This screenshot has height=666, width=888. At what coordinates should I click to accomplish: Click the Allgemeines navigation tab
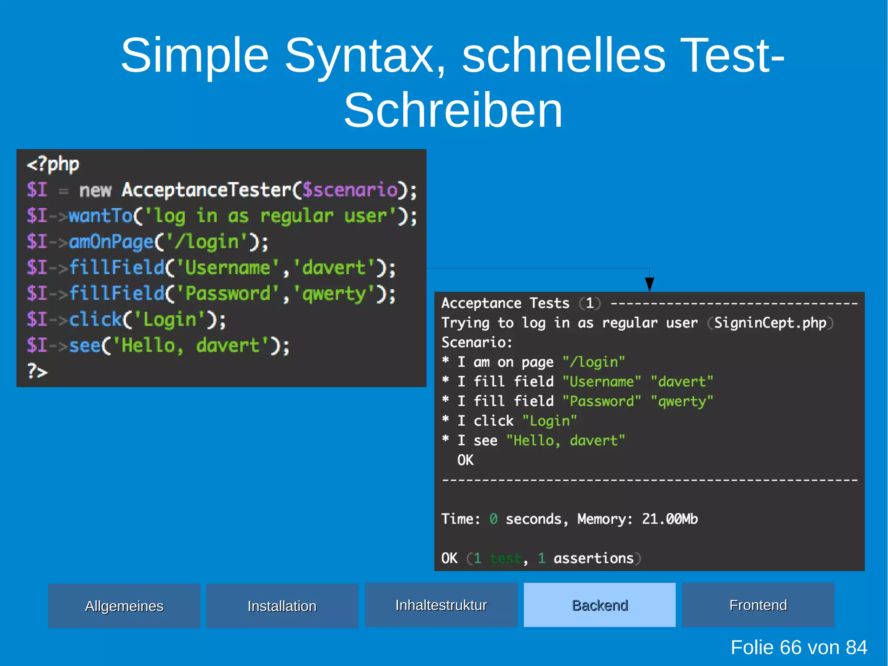(124, 606)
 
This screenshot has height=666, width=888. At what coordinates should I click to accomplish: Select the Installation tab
(282, 606)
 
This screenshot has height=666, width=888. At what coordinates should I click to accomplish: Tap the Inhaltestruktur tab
(441, 605)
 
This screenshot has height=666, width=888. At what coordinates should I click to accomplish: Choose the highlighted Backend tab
(600, 605)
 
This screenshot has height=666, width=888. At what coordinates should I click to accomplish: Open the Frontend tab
(758, 605)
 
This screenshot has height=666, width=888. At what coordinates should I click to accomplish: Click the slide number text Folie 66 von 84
(799, 647)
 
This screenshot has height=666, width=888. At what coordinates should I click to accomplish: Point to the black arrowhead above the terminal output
(650, 284)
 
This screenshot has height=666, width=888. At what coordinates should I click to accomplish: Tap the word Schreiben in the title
(453, 111)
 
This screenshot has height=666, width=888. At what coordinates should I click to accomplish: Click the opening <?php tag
(53, 164)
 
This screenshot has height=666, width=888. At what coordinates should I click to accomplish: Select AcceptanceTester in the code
(206, 190)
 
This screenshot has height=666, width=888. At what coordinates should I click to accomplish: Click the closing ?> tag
(37, 371)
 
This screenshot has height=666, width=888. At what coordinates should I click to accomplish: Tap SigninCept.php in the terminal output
(770, 323)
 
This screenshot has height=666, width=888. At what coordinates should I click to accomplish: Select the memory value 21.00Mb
(670, 519)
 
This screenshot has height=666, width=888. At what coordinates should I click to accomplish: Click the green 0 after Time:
(493, 519)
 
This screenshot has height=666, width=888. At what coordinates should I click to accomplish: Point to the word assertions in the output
(593, 558)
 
